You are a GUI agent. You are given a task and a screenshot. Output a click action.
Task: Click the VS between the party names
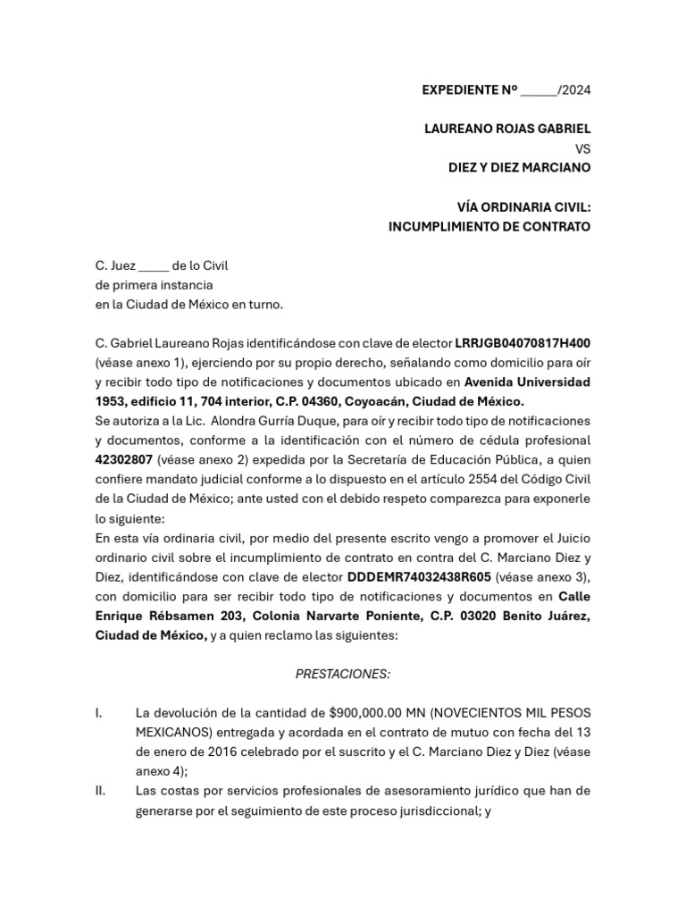coord(582,148)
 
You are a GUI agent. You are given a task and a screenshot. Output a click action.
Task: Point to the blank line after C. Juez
coord(154,265)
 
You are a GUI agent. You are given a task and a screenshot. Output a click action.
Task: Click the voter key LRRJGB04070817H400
coord(523,343)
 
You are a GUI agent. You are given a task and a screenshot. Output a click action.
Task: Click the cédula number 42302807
coord(124,459)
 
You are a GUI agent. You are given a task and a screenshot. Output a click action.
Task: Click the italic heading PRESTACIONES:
coord(343,674)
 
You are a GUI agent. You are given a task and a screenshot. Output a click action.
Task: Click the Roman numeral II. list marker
coord(102,791)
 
